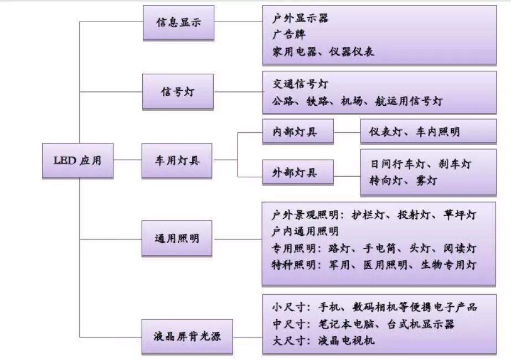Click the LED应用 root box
point(78,161)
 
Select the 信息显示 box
point(178,23)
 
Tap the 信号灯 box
point(178,91)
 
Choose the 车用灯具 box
point(177,161)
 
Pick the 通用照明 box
point(177,239)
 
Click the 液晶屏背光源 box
point(186,336)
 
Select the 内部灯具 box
point(298,132)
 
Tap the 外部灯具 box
point(298,173)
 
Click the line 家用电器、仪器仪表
point(323,52)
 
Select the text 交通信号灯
point(300,84)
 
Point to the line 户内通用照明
point(305,231)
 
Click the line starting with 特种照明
point(374,265)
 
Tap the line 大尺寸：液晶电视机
point(323,340)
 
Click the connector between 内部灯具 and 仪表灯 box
point(347,132)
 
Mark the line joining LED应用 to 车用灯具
point(127,160)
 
